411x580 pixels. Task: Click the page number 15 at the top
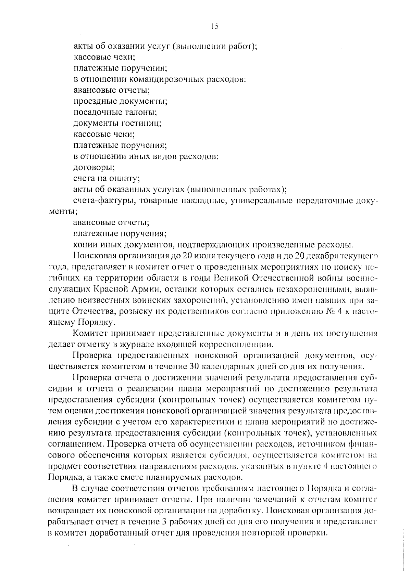click(215, 26)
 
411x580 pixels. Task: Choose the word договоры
click(94, 168)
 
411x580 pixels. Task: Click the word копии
click(85, 245)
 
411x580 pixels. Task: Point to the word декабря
click(322, 256)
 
